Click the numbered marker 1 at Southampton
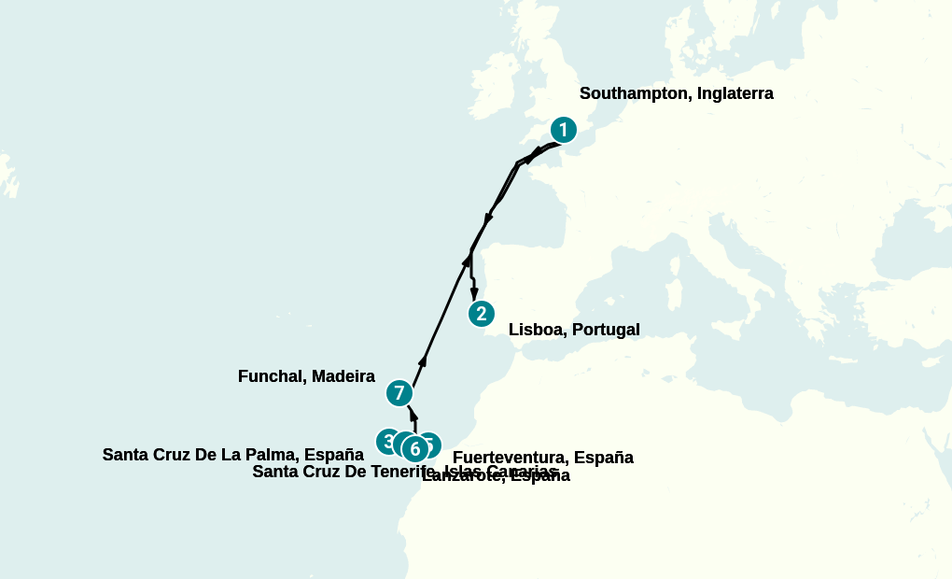point(563,130)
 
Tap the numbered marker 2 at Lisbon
point(481,314)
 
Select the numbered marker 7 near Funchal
point(399,393)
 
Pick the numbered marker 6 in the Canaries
point(415,449)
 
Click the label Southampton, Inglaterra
point(676,93)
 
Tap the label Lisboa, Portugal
point(574,330)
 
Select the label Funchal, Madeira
point(306,376)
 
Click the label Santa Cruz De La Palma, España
point(232,455)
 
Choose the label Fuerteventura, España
point(542,458)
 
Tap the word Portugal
point(607,330)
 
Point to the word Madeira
point(343,376)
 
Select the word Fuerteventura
point(510,458)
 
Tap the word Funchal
point(273,376)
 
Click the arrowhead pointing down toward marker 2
point(474,293)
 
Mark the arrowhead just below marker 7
point(413,417)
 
